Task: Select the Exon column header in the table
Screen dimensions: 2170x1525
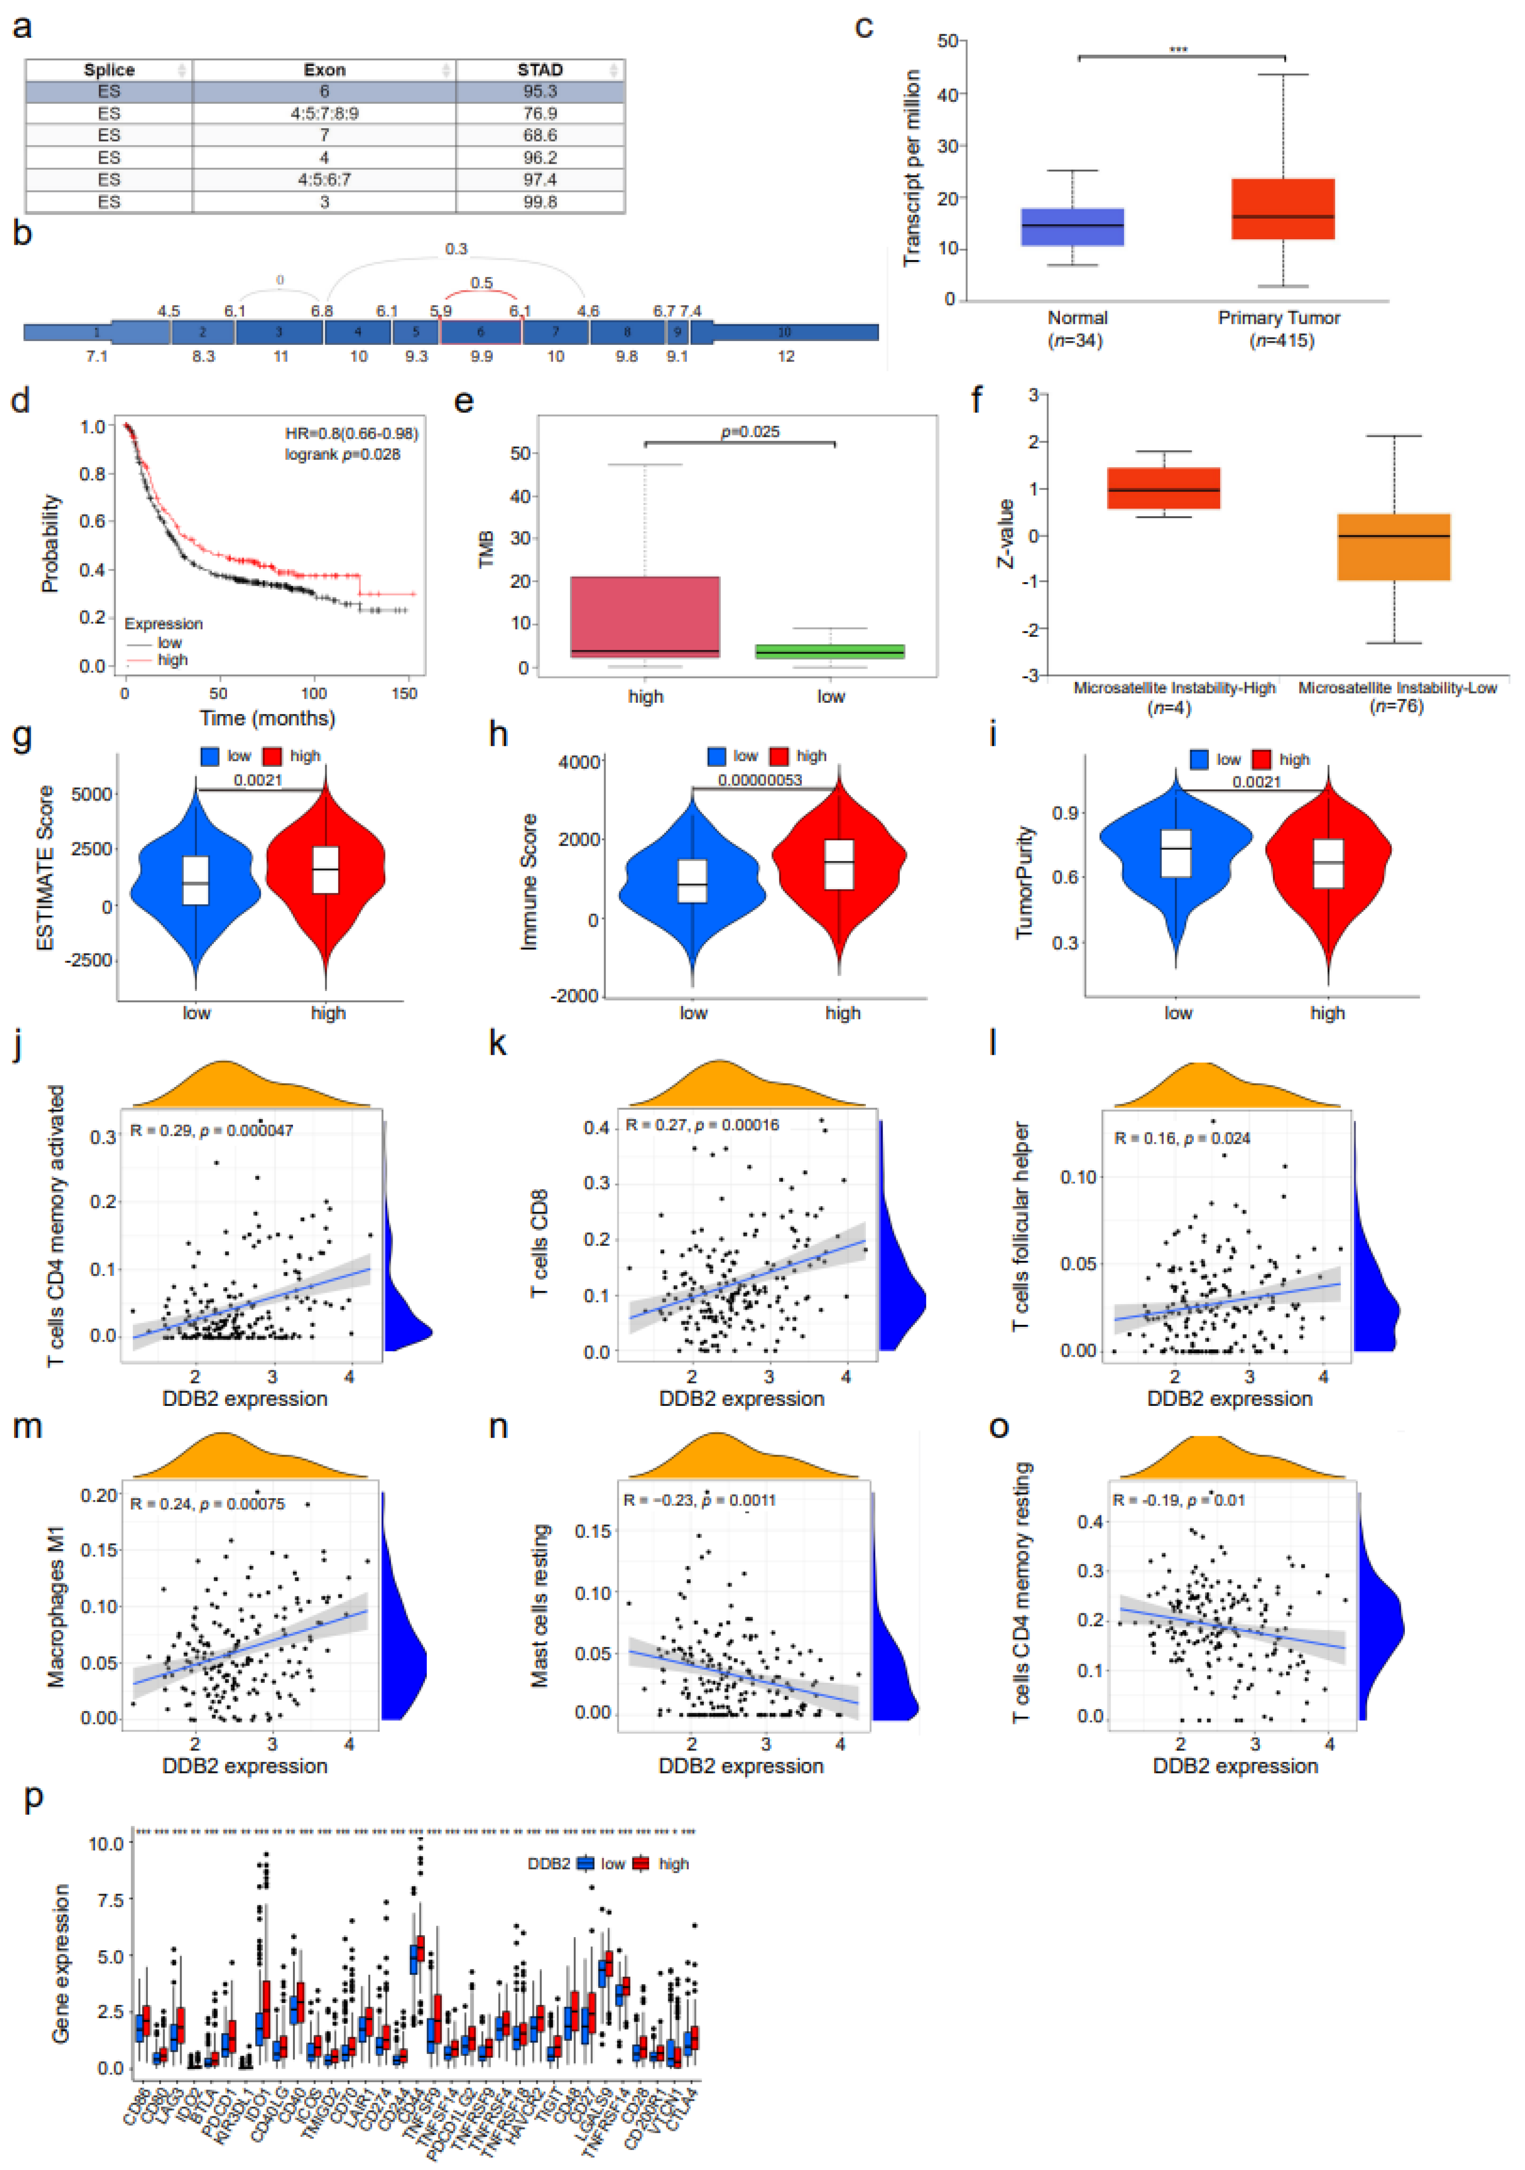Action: tap(324, 70)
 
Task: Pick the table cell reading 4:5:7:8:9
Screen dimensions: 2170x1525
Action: tap(324, 113)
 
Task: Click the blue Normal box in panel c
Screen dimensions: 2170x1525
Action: tap(1072, 227)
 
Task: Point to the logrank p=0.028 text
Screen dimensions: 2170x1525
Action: tap(342, 454)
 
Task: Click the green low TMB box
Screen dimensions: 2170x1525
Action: tap(831, 651)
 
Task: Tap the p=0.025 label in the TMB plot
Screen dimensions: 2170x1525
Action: tap(750, 432)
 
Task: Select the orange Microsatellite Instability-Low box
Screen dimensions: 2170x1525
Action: tap(1394, 547)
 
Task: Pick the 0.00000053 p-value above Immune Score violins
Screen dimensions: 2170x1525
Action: tap(759, 780)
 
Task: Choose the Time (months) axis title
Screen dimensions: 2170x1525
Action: tap(267, 718)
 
